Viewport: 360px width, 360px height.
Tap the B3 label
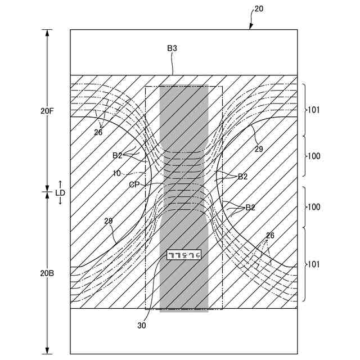[172, 49]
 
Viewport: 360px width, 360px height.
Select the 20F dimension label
[47, 111]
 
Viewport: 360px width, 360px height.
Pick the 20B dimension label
[47, 274]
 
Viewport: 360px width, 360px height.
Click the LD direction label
[60, 192]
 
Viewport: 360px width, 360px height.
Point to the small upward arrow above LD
[60, 183]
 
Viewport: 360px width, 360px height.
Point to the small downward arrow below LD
[60, 201]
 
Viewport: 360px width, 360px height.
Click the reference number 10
[116, 173]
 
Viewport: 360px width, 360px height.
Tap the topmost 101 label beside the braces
[313, 110]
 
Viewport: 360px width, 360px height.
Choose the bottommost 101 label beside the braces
[313, 263]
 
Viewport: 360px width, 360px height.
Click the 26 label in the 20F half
[98, 133]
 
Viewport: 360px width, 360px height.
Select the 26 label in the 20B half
[270, 235]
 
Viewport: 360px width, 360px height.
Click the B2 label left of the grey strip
[118, 155]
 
